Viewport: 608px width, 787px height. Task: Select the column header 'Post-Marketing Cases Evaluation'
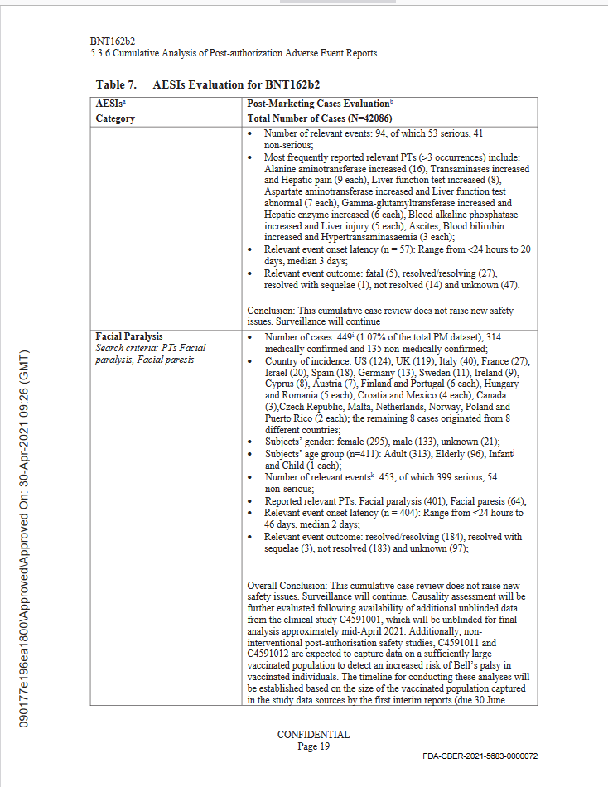(318, 104)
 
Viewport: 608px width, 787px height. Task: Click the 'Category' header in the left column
(115, 118)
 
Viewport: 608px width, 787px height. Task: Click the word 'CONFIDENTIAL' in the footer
(313, 734)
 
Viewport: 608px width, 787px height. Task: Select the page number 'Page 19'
(313, 746)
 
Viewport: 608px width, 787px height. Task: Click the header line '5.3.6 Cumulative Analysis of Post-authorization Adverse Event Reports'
(233, 53)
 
